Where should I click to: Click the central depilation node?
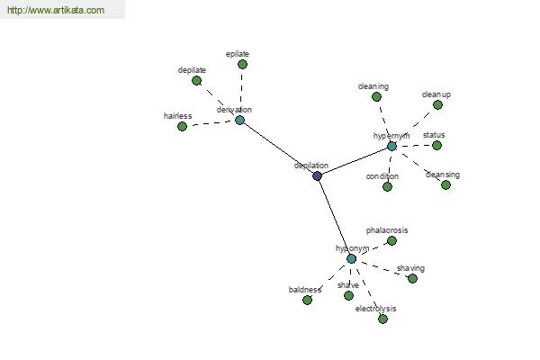click(x=317, y=175)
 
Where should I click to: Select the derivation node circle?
click(x=239, y=120)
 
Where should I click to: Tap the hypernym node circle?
click(x=391, y=146)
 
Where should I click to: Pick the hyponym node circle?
click(x=351, y=258)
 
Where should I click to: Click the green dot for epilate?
click(x=242, y=65)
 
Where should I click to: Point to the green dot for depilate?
click(x=196, y=80)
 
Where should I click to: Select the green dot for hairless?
click(x=182, y=127)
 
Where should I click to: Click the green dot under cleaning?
click(x=376, y=96)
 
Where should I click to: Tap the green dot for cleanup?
click(x=437, y=104)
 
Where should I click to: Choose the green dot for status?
click(x=436, y=145)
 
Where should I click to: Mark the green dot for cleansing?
click(x=445, y=184)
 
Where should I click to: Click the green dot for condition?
click(x=387, y=186)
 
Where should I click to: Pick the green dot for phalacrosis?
click(x=391, y=240)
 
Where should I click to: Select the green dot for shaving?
click(x=412, y=278)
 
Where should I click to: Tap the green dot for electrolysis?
click(x=382, y=319)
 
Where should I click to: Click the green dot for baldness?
click(x=307, y=300)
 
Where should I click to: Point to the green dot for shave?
click(x=348, y=295)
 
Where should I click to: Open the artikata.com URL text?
click(x=55, y=11)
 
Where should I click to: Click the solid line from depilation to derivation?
click(x=278, y=148)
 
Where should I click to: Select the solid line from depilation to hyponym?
click(x=334, y=217)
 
